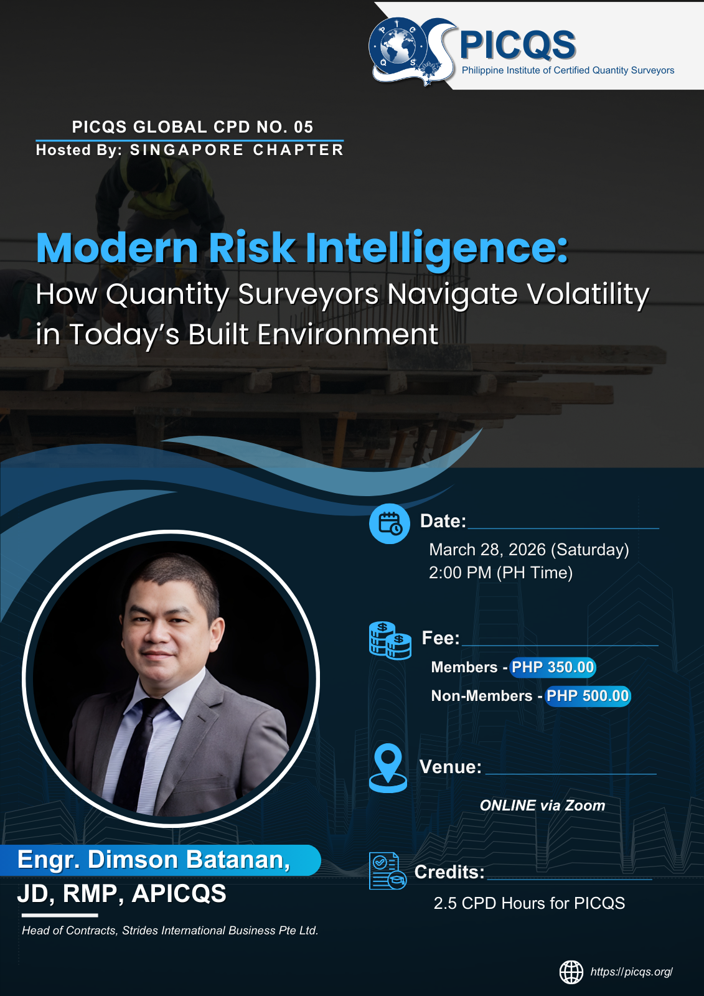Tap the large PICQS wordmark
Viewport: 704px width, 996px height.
[517, 45]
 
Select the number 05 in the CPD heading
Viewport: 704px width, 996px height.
[303, 127]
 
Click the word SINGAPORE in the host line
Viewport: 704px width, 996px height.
[187, 150]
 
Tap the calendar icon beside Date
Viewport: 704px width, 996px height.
[389, 524]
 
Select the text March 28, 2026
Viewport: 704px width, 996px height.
[487, 550]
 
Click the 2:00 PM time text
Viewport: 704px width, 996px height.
[459, 573]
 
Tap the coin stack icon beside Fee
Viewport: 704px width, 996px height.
[390, 641]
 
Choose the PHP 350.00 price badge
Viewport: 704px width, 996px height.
[552, 667]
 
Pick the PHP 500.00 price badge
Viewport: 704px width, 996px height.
[588, 695]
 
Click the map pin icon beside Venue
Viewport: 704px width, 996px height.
[388, 768]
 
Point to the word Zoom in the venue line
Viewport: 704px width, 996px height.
[585, 806]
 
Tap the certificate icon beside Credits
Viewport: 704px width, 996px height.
[387, 871]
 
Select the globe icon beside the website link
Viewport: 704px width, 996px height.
[571, 972]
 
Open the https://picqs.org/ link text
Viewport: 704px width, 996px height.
[632, 972]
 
